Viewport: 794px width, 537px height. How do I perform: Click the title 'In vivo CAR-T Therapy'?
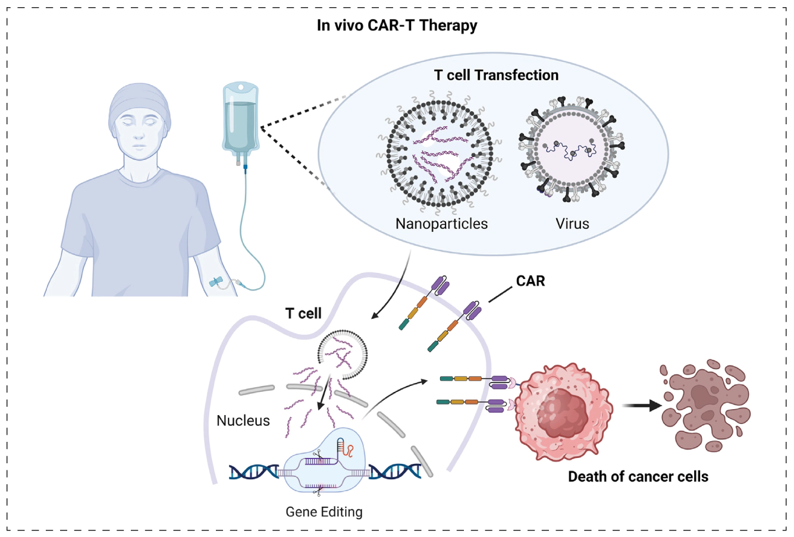[397, 26]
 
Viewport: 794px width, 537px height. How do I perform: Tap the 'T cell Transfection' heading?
[496, 75]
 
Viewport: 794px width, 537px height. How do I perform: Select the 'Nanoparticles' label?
[441, 224]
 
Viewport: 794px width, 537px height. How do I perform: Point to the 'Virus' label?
[572, 224]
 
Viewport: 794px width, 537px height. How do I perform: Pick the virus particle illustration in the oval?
[572, 149]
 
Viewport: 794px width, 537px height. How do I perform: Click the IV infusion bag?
[240, 119]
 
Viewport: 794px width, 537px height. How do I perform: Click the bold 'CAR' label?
[531, 280]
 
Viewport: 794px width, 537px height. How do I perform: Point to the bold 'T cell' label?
[303, 313]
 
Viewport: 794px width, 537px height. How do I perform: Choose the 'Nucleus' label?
[243, 420]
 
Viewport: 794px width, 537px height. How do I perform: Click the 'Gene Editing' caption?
[324, 511]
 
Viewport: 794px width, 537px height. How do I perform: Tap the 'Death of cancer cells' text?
[638, 476]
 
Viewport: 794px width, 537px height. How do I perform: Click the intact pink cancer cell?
[562, 410]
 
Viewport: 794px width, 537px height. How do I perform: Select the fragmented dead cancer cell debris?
[705, 404]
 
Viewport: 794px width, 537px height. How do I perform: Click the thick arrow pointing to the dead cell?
[642, 406]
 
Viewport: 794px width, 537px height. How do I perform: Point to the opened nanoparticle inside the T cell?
[343, 356]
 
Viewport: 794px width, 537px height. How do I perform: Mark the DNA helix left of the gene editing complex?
[254, 472]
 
